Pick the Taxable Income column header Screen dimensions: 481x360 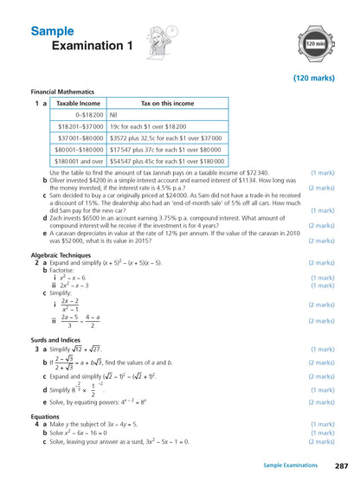79,103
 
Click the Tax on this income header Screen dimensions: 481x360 167,103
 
